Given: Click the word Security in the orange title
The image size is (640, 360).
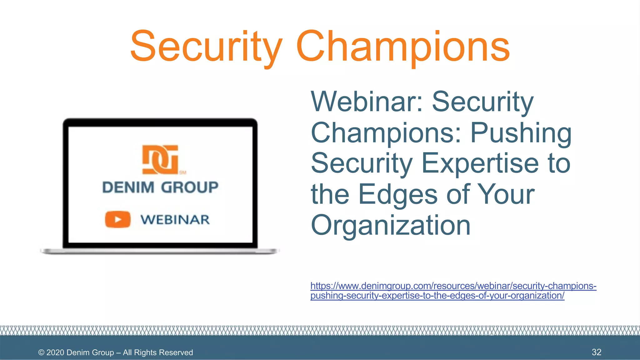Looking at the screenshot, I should pyautogui.click(x=206, y=47).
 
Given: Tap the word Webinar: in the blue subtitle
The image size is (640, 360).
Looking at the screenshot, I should pyautogui.click(x=367, y=102).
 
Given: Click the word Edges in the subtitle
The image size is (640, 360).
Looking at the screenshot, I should pyautogui.click(x=397, y=194).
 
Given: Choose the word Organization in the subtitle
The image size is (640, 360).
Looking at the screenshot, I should pyautogui.click(x=391, y=226).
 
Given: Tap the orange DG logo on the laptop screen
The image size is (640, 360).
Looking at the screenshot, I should pyautogui.click(x=160, y=159).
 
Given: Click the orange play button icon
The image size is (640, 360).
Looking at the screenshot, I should pyautogui.click(x=117, y=219).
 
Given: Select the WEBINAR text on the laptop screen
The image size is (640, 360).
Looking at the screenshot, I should pyautogui.click(x=175, y=220).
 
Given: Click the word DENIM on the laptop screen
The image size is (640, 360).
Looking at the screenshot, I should pyautogui.click(x=128, y=187).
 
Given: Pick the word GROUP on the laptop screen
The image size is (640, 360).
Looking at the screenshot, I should pyautogui.click(x=190, y=187).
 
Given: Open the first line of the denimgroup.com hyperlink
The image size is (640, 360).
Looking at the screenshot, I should pyautogui.click(x=453, y=286).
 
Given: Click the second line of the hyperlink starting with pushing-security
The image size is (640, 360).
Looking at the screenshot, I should pyautogui.click(x=437, y=296).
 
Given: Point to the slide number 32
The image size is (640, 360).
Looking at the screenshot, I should pyautogui.click(x=596, y=352).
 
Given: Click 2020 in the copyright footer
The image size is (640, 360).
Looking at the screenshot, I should pyautogui.click(x=55, y=352).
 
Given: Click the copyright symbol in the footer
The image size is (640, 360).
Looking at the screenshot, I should pyautogui.click(x=41, y=352).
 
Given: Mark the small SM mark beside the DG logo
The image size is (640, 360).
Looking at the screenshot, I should pyautogui.click(x=183, y=172).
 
